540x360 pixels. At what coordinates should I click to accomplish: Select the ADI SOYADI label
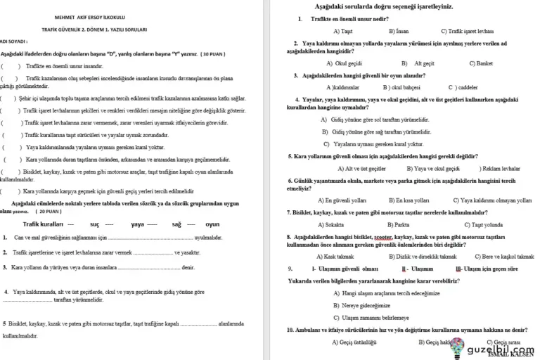point(14,41)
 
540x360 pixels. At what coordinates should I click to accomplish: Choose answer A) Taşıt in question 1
point(342,31)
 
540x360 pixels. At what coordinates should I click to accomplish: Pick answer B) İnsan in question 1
point(398,31)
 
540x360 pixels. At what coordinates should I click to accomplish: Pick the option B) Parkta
point(397,225)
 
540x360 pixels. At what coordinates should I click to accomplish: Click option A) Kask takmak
point(339,256)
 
